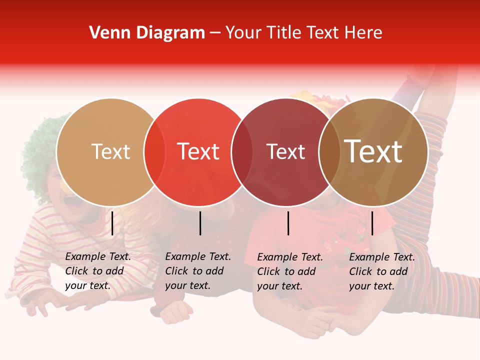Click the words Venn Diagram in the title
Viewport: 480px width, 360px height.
(147, 33)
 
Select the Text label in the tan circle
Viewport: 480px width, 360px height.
(110, 152)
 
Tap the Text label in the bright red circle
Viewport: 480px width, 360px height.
(198, 152)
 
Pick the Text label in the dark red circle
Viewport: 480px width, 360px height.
(285, 152)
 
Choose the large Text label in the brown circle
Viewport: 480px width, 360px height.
(373, 151)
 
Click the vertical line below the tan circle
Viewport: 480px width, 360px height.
(112, 223)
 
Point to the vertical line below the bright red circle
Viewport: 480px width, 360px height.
(200, 223)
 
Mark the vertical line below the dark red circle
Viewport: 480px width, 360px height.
(288, 223)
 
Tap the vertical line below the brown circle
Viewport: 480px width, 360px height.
(372, 223)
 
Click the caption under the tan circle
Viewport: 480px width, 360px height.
(98, 271)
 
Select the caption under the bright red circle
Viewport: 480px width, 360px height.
(198, 271)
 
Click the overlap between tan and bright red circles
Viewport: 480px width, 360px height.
(154, 152)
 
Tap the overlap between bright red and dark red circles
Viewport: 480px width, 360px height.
(242, 152)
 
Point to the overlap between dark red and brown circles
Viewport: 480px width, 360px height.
(329, 152)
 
